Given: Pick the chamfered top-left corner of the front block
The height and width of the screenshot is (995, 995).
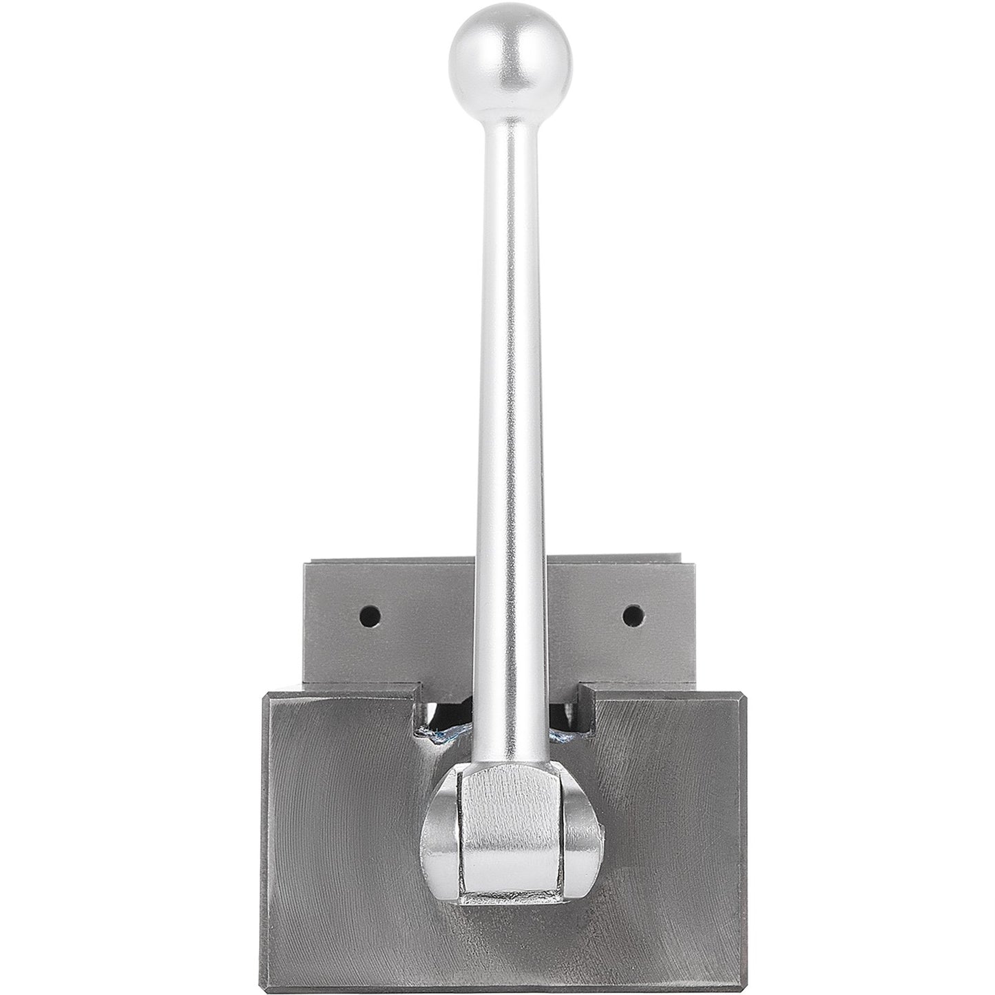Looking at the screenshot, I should [x=265, y=689].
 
